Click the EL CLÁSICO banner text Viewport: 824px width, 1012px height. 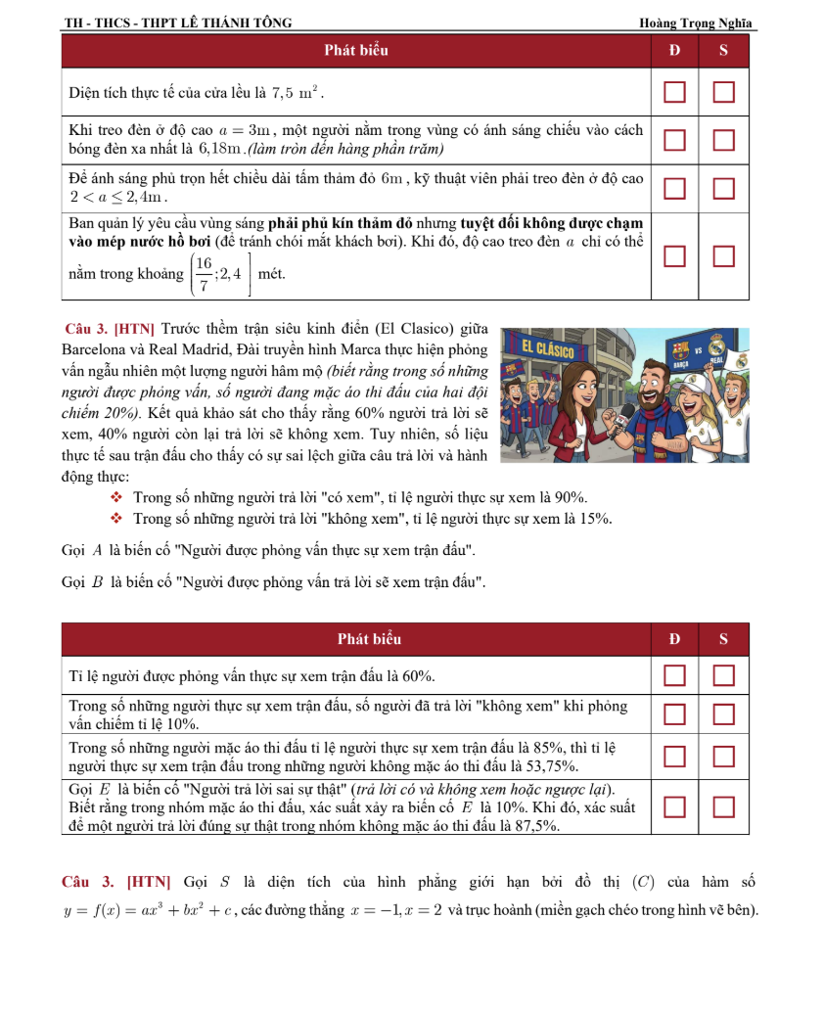pos(549,348)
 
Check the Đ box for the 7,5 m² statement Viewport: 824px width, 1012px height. pos(675,93)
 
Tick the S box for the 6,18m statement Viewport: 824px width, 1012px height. pos(723,139)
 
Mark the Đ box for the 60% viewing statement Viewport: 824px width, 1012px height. pos(675,675)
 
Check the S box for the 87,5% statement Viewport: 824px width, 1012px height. pos(723,806)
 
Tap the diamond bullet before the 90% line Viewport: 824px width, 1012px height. pos(118,498)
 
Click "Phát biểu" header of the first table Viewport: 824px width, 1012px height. pos(356,51)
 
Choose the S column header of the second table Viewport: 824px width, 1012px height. pos(723,639)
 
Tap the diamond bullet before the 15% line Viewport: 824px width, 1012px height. pos(118,519)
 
